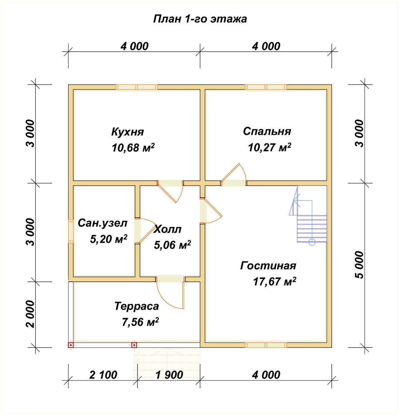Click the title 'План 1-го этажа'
point(200,19)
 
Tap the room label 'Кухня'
point(127,132)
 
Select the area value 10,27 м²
point(269,147)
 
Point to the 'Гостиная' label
point(268,266)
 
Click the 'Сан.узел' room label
point(103,223)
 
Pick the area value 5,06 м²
point(172,245)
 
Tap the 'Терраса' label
point(137,306)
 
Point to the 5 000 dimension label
point(359,265)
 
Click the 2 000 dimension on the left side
point(30,314)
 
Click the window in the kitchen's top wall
point(137,87)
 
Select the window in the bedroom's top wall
point(266,87)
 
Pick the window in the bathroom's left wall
point(71,231)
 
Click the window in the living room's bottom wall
point(266,345)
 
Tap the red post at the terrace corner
point(71,345)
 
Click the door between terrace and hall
point(170,293)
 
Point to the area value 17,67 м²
point(275,281)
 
